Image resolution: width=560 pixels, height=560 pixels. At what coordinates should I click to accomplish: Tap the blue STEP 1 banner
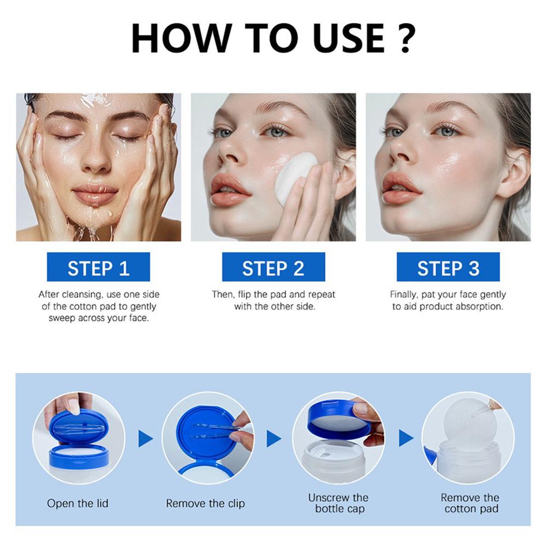point(98,267)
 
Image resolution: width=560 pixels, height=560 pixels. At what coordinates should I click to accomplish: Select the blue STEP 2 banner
point(273,267)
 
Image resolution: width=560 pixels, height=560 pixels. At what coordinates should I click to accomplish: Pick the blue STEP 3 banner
point(448,267)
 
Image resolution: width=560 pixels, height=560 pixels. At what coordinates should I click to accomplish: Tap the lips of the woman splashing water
point(95,194)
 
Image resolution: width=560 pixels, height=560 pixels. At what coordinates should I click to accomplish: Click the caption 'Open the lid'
point(78,503)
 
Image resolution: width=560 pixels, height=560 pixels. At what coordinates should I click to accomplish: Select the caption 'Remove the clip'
point(206,503)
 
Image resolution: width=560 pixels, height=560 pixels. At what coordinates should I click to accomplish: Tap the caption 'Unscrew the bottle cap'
point(338,503)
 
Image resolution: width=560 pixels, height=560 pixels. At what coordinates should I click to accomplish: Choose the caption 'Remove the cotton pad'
point(470,503)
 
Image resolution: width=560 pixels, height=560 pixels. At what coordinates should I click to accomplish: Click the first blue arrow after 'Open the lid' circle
point(145,438)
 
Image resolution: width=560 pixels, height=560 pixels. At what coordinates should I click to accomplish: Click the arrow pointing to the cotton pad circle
point(406,438)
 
